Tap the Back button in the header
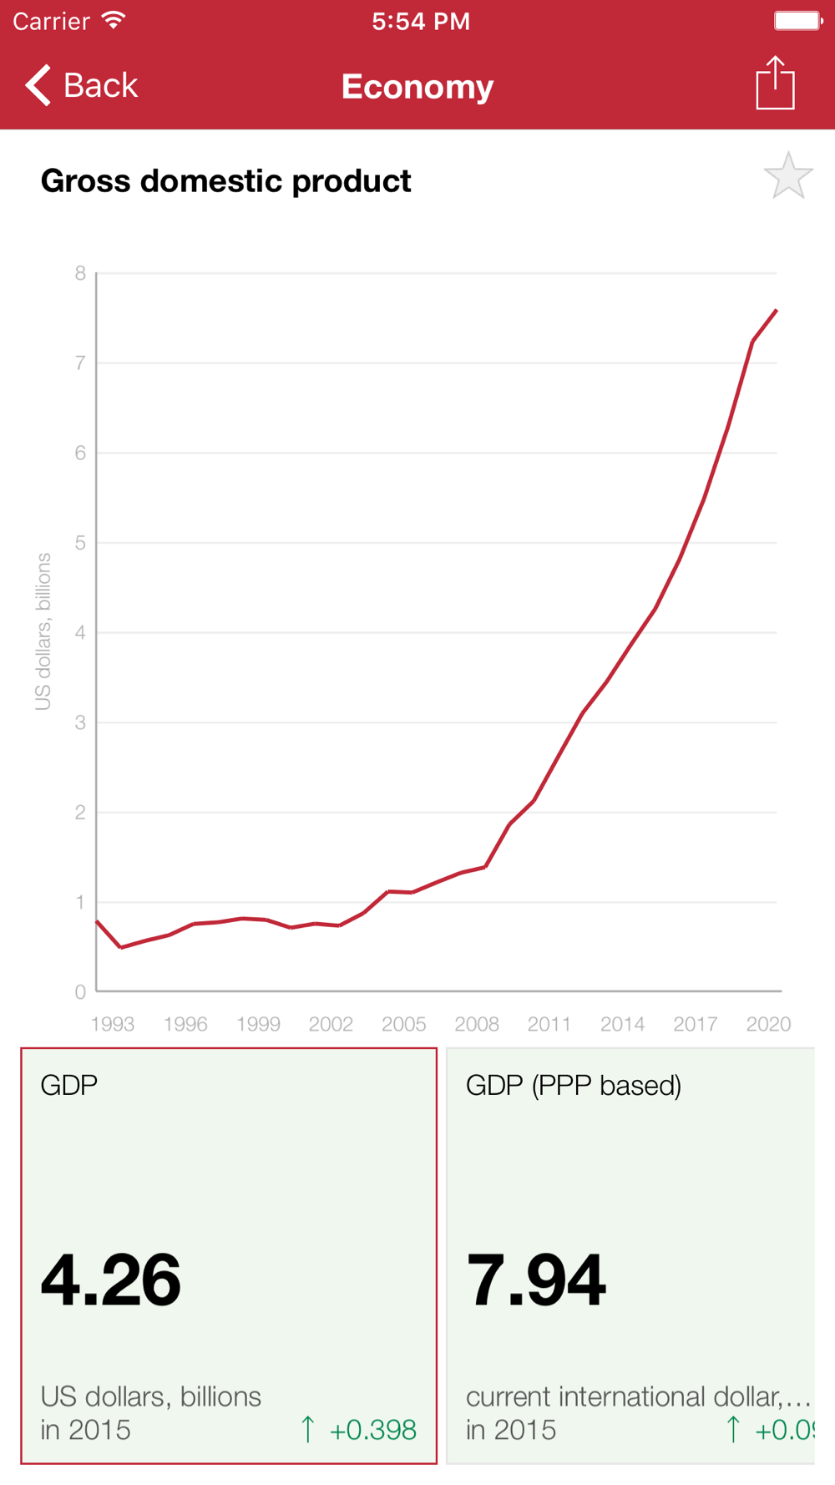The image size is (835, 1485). pos(82,85)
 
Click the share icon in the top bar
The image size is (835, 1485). pos(775,83)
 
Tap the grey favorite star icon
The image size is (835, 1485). pos(787,176)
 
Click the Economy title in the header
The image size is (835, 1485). pos(417,87)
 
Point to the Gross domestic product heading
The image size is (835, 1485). pos(225,181)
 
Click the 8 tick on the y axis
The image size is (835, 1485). pos(80,273)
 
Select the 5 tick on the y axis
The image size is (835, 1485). pos(80,543)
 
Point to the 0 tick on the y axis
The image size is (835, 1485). pos(80,992)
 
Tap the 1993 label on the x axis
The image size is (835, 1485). pos(113,1024)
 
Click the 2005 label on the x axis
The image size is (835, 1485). pos(403,1024)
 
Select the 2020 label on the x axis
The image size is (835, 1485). pos(768,1024)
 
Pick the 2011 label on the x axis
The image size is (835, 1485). pos(549,1024)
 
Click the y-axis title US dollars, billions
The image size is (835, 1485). pos(43,631)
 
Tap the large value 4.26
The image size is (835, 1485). pos(111,1280)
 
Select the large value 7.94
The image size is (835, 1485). pos(536,1280)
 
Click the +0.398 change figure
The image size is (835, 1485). pos(372,1430)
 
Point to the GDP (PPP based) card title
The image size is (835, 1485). pos(574,1085)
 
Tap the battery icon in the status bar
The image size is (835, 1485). pos(797,21)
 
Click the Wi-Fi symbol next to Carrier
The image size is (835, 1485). pos(114,20)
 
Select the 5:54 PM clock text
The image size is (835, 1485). pos(421,21)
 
